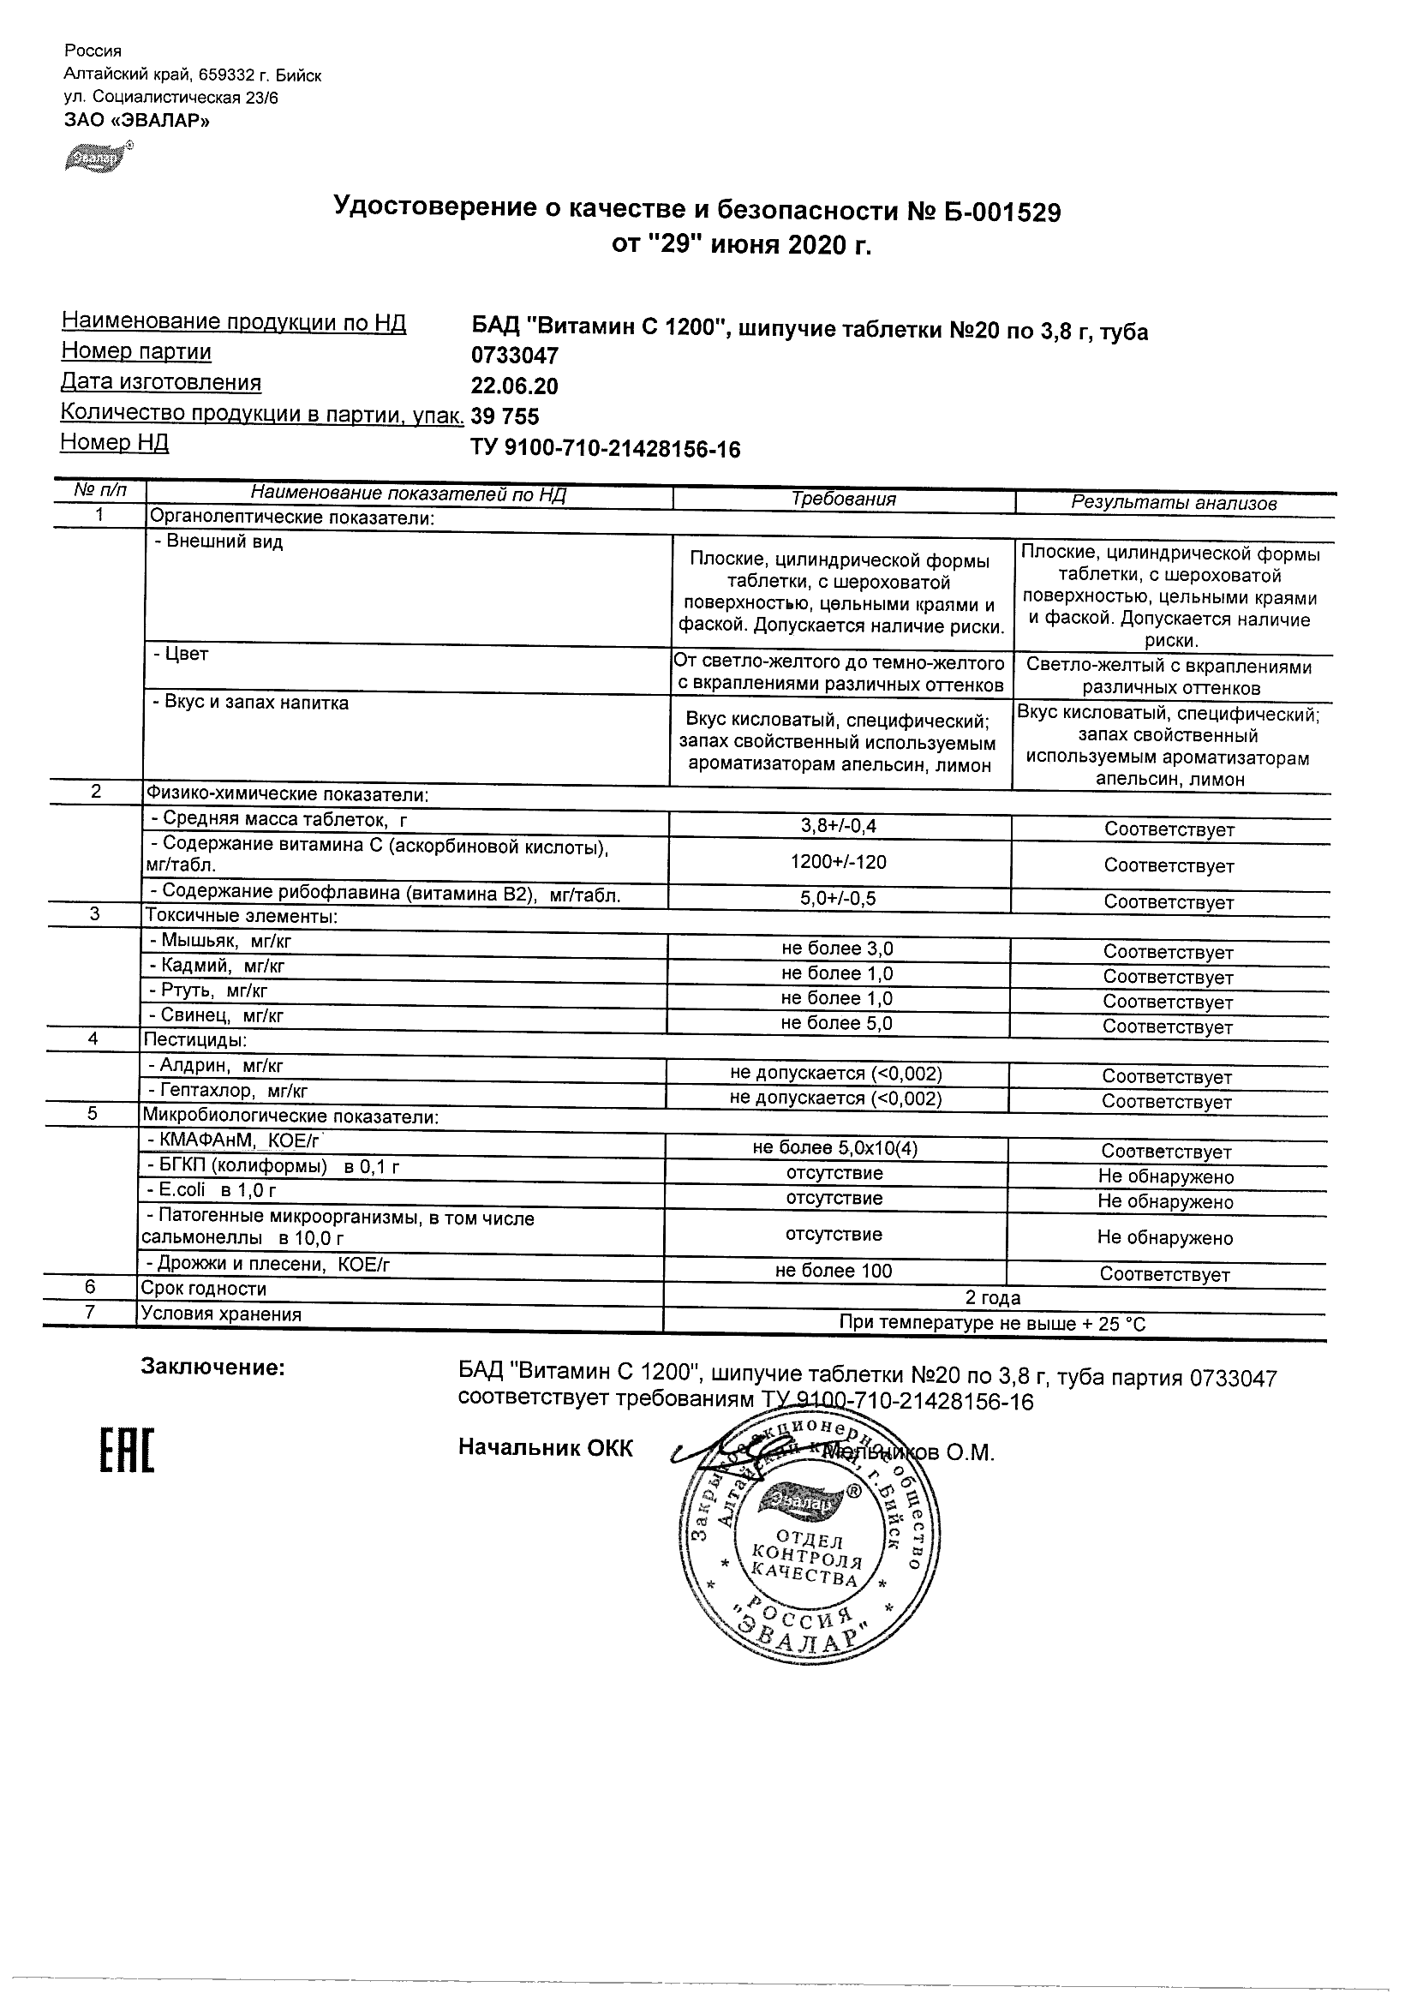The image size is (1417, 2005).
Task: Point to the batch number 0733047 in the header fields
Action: click(514, 356)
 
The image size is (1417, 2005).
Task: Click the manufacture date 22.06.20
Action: click(514, 386)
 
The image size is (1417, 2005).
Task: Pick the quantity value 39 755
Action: click(505, 416)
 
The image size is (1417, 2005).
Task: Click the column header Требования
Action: click(843, 500)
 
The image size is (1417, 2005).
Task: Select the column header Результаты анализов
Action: click(1174, 503)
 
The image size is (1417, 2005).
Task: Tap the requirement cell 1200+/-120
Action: click(838, 862)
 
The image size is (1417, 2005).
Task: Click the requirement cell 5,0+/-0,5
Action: click(838, 899)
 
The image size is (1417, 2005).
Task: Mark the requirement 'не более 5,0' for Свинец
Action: click(836, 1023)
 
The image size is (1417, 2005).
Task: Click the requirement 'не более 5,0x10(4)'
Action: click(834, 1148)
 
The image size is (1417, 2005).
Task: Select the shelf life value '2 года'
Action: click(993, 1297)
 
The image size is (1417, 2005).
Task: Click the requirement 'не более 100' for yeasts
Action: click(834, 1272)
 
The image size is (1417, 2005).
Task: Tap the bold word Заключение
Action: click(213, 1368)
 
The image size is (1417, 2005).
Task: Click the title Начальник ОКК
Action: click(546, 1448)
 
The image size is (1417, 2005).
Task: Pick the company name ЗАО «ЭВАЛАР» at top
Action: click(137, 121)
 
